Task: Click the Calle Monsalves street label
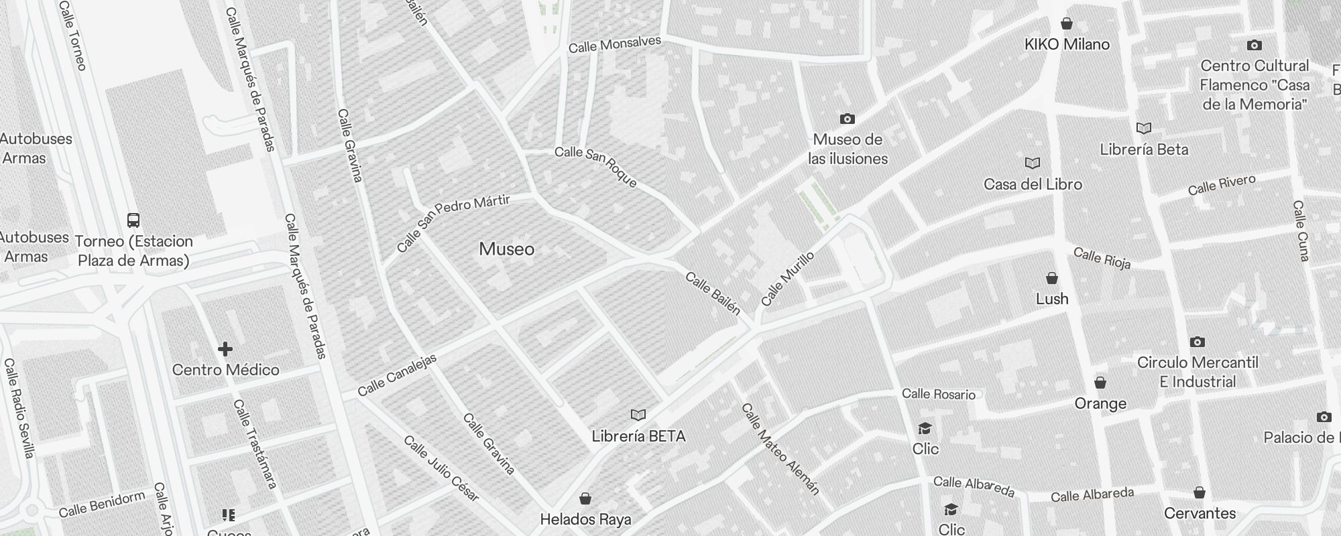coord(614,44)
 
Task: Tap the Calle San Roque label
coord(595,166)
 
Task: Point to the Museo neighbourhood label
coord(507,249)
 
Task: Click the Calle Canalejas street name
coord(397,375)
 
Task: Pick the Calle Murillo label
coord(788,279)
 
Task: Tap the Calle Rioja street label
coord(1102,258)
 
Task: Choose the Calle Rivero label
coord(1222,184)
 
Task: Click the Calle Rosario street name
coord(938,394)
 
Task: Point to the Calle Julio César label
coord(441,468)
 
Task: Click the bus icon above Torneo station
coord(133,220)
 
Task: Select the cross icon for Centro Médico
coord(225,348)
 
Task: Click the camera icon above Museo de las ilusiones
coord(848,119)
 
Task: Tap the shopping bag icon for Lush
coord(1052,278)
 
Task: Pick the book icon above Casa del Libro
coord(1033,163)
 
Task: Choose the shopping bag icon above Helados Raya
coord(585,498)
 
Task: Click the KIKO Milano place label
coord(1067,44)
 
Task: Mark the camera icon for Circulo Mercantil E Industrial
coord(1198,342)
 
